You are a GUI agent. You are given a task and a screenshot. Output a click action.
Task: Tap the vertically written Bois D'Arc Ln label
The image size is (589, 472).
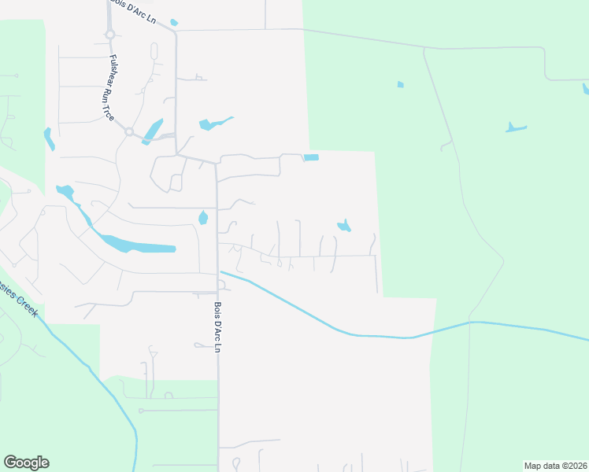[x=217, y=326]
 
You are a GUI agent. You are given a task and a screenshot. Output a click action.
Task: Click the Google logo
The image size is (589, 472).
[x=26, y=463]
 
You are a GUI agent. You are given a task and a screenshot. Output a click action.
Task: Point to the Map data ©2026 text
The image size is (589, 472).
[x=555, y=466]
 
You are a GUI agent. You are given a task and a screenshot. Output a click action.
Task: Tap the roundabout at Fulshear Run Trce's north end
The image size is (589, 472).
[x=110, y=34]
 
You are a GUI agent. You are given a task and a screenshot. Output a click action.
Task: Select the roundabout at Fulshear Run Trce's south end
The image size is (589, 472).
[x=128, y=132]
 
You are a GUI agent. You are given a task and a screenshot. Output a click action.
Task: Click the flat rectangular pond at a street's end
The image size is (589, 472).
[x=312, y=157]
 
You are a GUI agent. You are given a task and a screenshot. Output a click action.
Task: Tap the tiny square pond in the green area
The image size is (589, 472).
[x=401, y=84]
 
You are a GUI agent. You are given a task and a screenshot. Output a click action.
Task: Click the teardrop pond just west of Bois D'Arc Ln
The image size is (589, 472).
[x=203, y=218]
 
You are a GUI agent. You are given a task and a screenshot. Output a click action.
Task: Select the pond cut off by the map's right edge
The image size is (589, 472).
[x=585, y=88]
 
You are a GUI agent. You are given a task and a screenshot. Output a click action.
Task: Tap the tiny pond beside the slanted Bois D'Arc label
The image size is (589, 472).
[x=174, y=23]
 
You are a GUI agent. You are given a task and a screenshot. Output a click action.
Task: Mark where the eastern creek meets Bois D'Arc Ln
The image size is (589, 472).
[x=219, y=271]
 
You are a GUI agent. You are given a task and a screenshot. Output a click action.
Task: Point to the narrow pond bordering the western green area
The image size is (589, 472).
[x=49, y=139]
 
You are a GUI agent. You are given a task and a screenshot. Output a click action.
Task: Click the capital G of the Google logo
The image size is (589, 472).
[x=9, y=463]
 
